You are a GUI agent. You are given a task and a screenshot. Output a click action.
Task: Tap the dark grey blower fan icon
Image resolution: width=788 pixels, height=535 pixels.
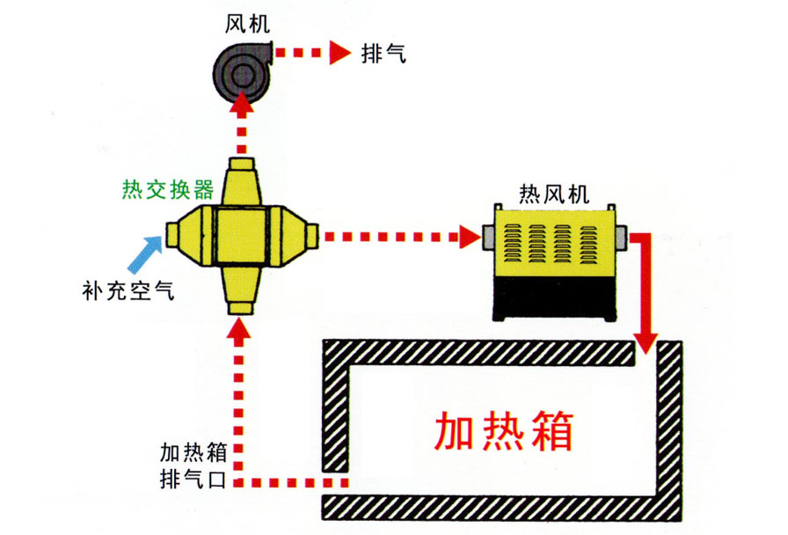240,65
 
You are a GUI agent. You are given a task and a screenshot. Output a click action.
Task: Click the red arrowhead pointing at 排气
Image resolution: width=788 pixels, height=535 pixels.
339,53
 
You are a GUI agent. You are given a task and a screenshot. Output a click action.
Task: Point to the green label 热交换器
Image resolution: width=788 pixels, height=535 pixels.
167,190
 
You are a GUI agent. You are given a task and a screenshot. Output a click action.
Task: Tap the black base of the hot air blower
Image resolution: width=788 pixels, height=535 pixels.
554,298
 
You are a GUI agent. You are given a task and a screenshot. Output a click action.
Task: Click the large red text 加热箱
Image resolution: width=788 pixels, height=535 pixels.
504,430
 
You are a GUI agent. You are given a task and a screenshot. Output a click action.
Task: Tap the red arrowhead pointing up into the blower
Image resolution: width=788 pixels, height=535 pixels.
239,107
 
